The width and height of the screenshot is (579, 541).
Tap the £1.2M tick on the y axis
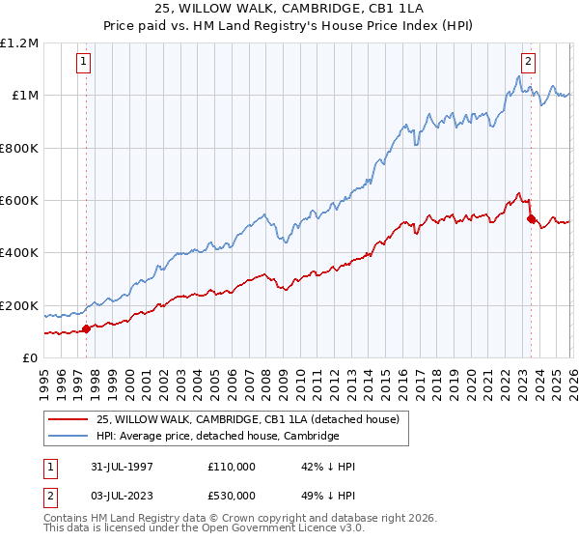19,43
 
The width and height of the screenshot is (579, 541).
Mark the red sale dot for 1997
87,328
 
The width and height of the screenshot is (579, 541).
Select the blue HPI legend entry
218,437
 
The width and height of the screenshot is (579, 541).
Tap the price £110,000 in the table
232,468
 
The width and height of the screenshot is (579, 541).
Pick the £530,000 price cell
232,497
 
